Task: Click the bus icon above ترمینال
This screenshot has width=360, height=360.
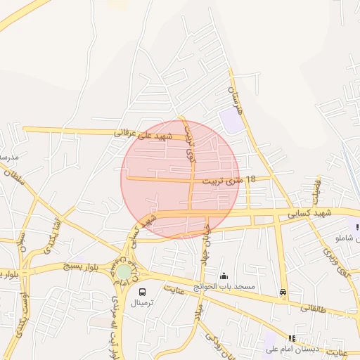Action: [x=143, y=292]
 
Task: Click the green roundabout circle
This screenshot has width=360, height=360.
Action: [x=124, y=271]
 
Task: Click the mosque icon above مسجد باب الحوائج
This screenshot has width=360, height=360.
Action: [x=224, y=276]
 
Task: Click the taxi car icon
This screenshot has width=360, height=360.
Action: [x=283, y=292]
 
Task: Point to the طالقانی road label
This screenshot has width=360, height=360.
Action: [x=314, y=307]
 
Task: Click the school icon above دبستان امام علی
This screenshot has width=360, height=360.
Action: [x=292, y=338]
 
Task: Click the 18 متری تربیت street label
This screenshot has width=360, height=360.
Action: [x=227, y=180]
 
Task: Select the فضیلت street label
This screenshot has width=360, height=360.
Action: [x=314, y=188]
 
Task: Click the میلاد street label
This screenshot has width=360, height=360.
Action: [x=199, y=310]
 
